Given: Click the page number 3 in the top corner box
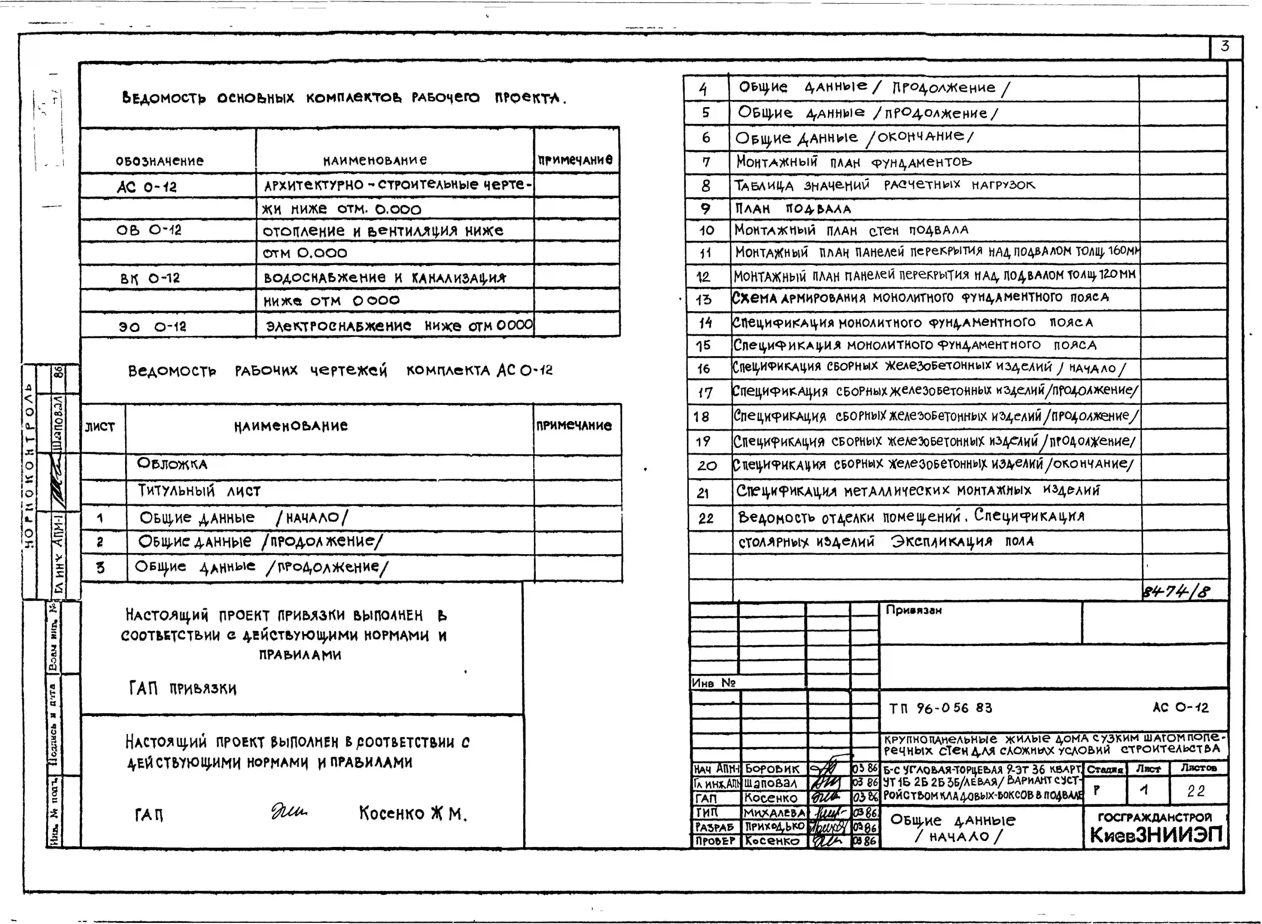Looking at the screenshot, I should coord(1225,47).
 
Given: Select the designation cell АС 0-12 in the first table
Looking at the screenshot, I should coord(147,187).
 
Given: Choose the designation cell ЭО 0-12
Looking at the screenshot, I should coord(152,326).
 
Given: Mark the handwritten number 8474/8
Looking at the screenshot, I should coord(1176,591).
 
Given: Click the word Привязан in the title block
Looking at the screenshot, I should coord(913,610).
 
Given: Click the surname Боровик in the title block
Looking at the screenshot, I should coord(772,768).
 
